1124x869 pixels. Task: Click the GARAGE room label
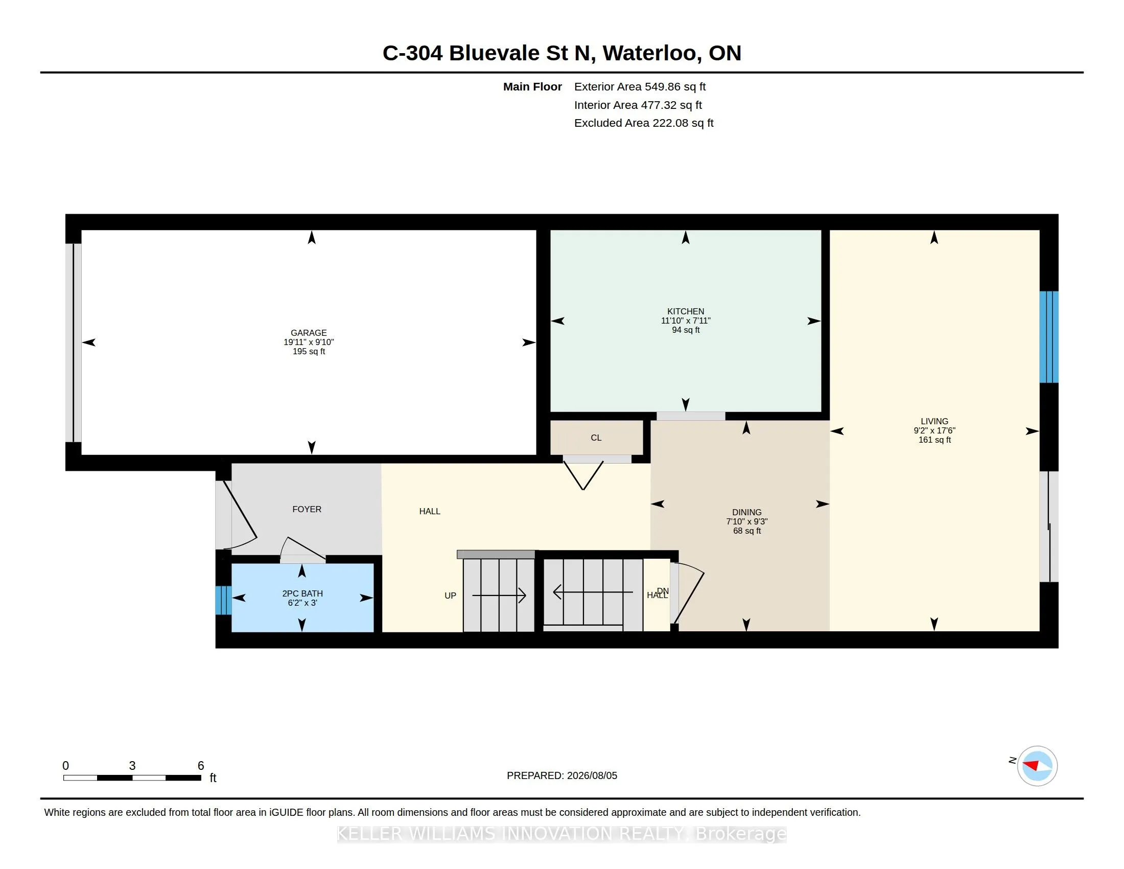coord(308,333)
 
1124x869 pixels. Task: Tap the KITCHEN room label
coord(686,311)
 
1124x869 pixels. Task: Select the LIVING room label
coord(934,421)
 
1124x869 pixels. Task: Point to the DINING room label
coord(747,512)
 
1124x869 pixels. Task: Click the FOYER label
coord(307,509)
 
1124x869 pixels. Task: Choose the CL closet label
coord(596,438)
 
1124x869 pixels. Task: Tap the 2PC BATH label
coord(302,593)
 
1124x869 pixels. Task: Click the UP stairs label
coord(450,596)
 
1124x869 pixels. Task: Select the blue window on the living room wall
coord(1049,337)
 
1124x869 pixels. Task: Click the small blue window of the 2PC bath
coord(223,600)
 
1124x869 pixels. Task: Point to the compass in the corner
coord(1037,766)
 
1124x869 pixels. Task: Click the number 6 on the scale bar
coord(201,766)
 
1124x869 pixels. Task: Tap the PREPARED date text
coord(562,775)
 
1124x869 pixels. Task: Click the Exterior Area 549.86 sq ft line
coord(640,86)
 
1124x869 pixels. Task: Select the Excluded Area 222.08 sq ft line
coord(644,123)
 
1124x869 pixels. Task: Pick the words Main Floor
coord(532,86)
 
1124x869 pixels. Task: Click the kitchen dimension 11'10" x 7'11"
coord(686,320)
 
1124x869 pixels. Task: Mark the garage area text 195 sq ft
coord(309,351)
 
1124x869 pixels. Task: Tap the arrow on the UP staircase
coord(499,596)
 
